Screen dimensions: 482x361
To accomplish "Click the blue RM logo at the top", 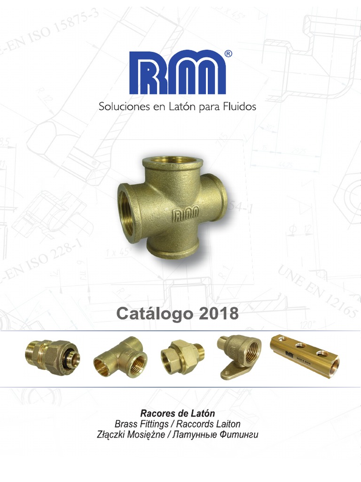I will point(177,72).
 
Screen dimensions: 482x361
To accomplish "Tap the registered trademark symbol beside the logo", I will point(228,54).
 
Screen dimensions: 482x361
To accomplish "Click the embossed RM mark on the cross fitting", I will point(187,216).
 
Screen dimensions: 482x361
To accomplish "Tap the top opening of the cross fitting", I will point(173,162).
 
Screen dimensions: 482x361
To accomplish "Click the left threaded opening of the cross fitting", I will point(128,209).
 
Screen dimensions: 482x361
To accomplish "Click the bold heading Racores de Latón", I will point(177,414).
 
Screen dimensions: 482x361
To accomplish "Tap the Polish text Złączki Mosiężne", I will point(130,434).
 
